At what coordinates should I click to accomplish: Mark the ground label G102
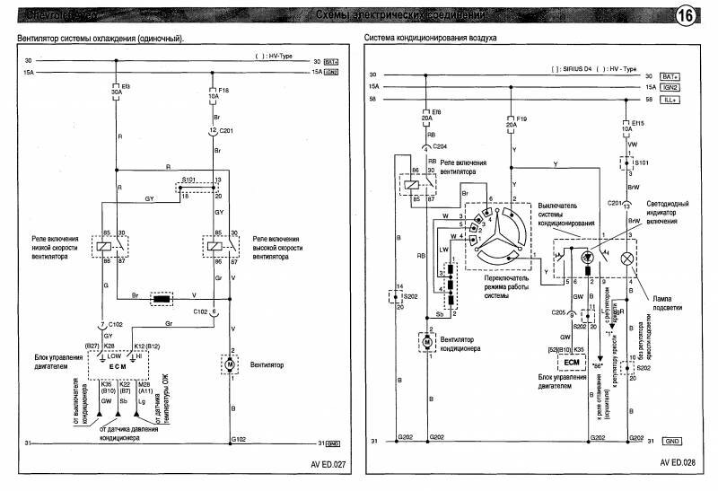click(x=238, y=439)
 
